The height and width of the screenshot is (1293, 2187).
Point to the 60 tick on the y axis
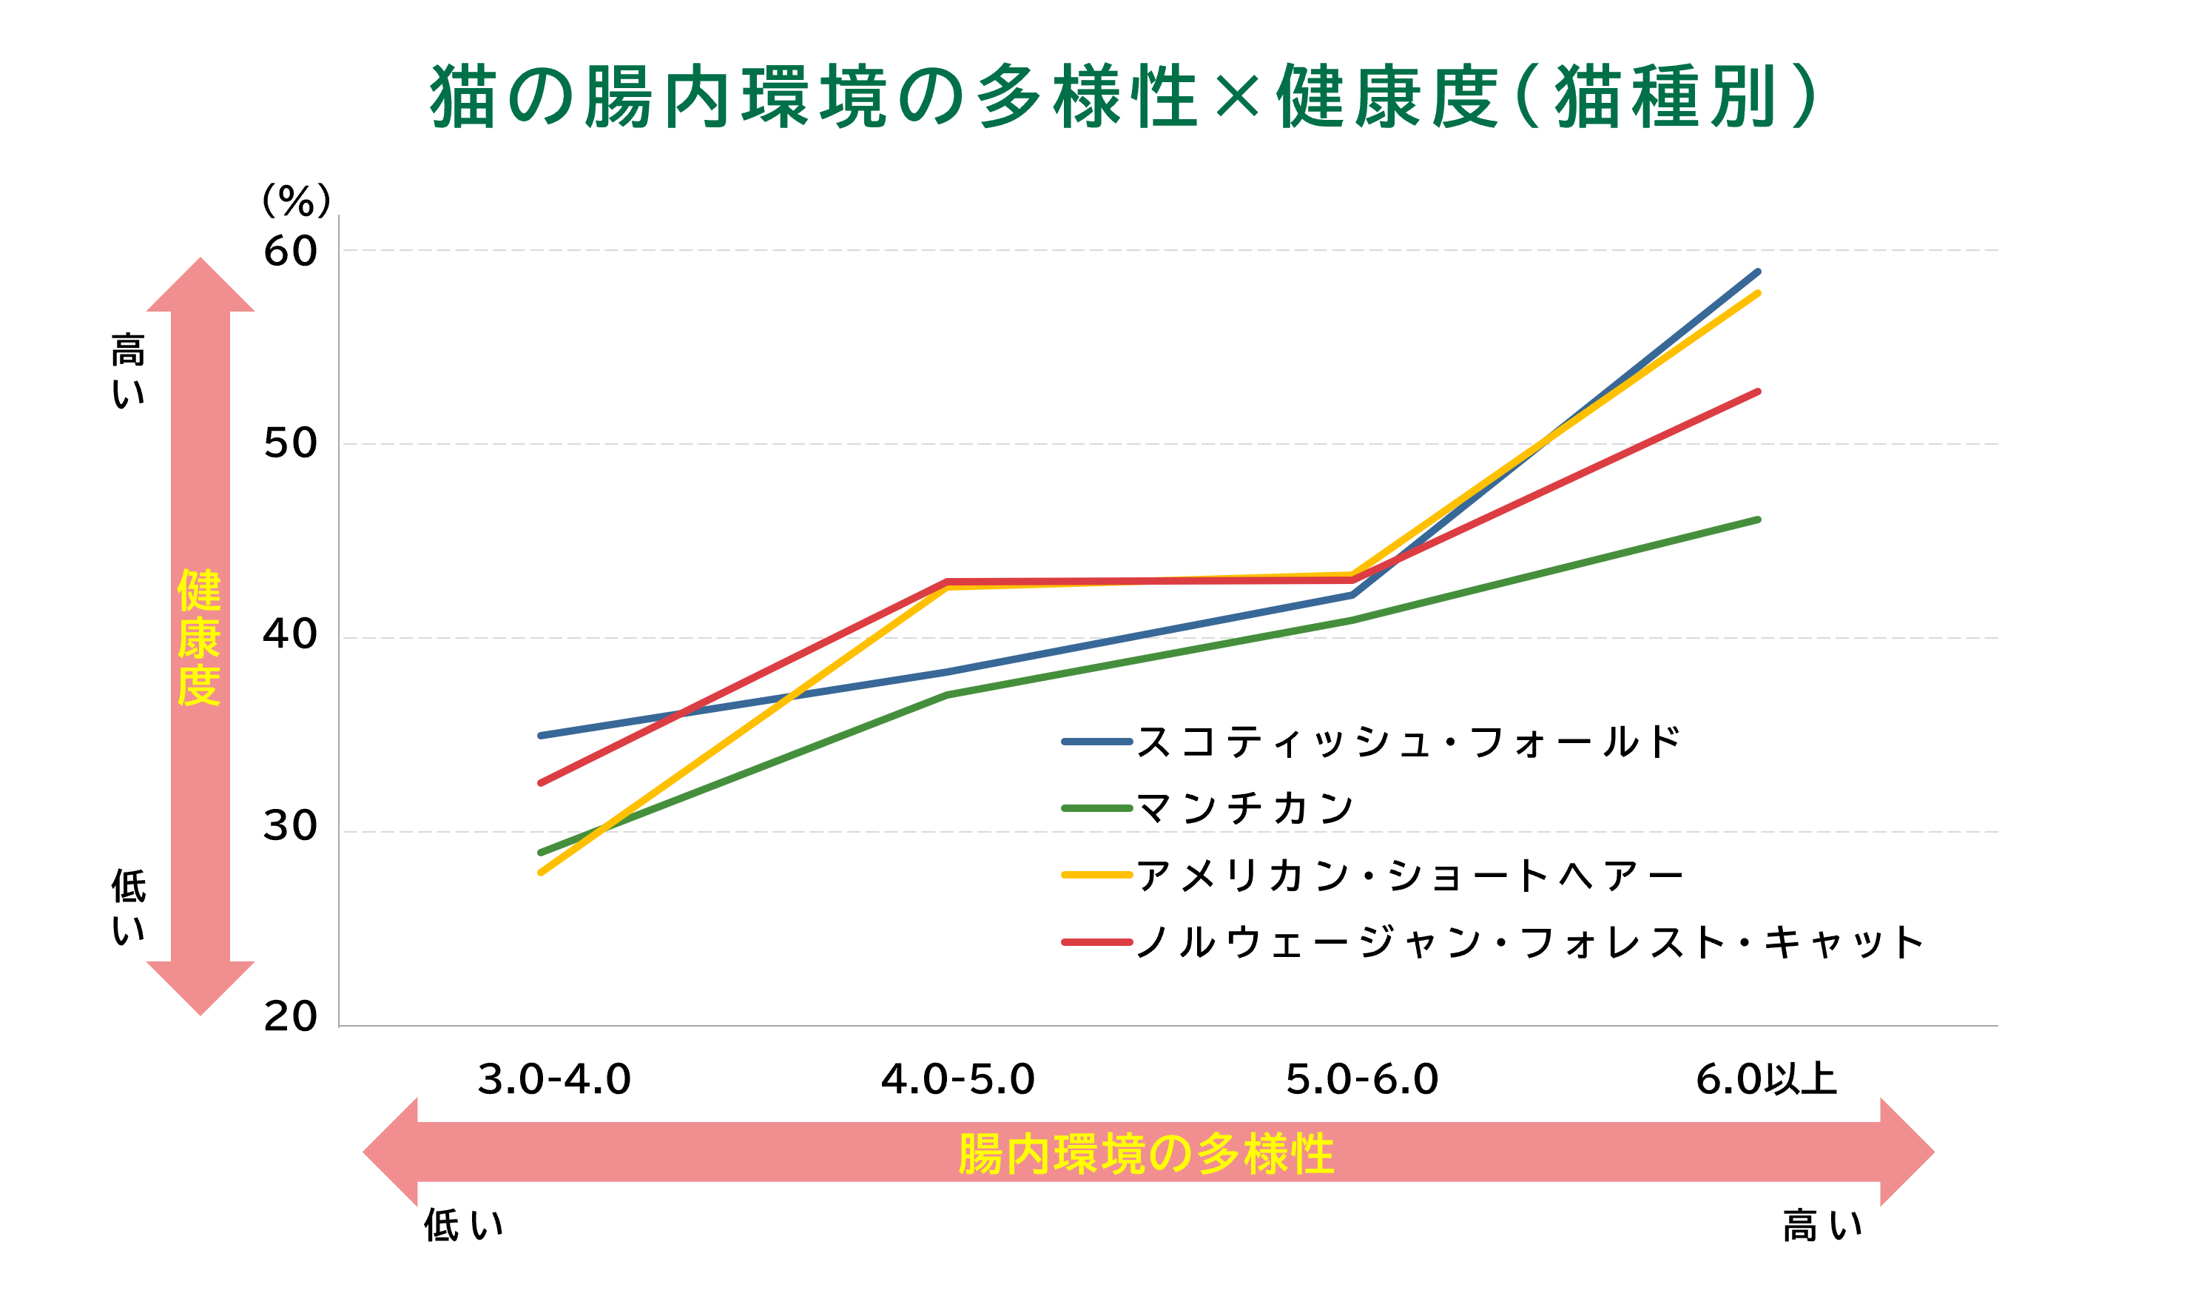pos(290,251)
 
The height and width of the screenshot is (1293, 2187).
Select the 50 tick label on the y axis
pos(290,443)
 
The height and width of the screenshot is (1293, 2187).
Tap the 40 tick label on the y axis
pos(290,634)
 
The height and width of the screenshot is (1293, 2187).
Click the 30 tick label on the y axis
pos(290,826)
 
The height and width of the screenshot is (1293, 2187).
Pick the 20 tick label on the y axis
pos(290,1017)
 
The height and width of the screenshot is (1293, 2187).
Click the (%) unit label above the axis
pos(297,201)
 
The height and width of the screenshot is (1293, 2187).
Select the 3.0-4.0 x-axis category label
pos(554,1081)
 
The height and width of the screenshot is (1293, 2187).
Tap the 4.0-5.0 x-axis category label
pos(958,1081)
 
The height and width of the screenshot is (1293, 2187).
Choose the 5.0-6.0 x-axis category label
pos(1362,1081)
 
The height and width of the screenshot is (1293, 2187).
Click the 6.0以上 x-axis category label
pos(1766,1081)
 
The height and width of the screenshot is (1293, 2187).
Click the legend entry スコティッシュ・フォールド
pos(1406,742)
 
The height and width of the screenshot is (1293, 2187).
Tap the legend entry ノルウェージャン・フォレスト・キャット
pos(1529,942)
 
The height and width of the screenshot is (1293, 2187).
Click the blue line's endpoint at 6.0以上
pos(1758,272)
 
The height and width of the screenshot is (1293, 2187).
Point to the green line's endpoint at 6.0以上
pos(1758,520)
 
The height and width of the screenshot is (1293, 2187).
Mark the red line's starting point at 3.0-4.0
pos(541,783)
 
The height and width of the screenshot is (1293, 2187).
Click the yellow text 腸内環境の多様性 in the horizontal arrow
pos(1146,1155)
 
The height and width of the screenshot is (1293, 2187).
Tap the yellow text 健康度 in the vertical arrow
pos(200,638)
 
